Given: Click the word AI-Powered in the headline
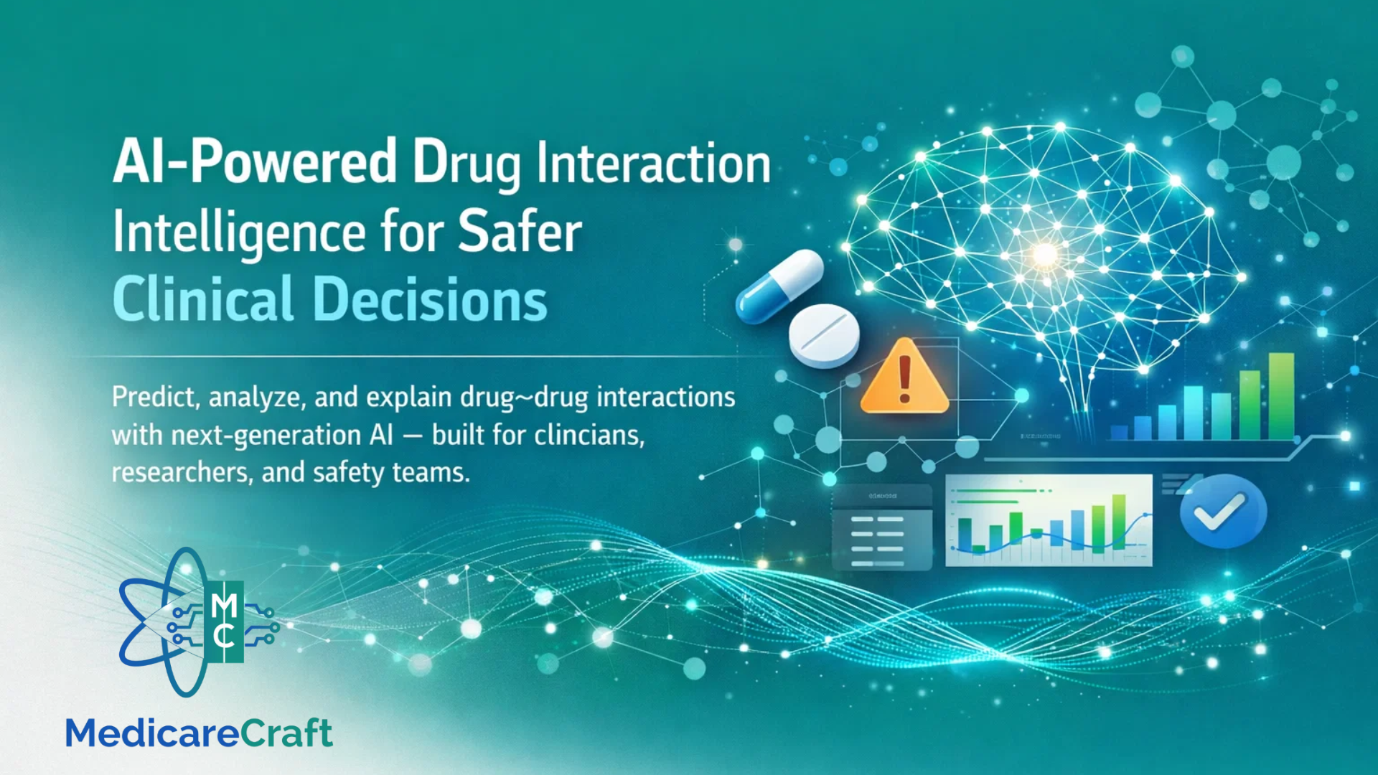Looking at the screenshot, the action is [255, 162].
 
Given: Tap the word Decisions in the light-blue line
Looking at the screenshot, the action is [431, 299].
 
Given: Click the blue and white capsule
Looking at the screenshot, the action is [779, 286].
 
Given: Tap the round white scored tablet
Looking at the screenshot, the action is [824, 336].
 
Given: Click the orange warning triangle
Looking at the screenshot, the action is [904, 377].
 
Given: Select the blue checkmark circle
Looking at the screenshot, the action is [1223, 511].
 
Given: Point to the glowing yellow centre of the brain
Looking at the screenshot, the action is [1044, 254].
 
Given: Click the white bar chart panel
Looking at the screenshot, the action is [1049, 520].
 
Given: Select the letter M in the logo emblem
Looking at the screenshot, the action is [225, 606].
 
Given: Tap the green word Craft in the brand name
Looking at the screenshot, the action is [286, 733].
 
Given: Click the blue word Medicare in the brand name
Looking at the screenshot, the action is [152, 733].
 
